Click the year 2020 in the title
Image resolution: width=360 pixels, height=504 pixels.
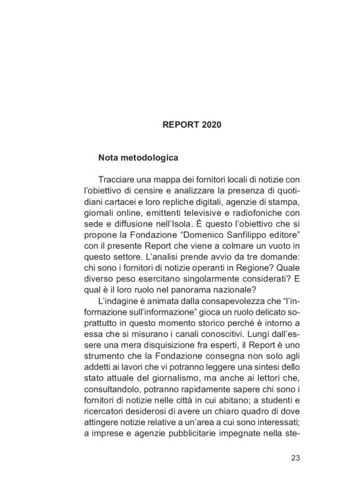pos(209,124)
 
